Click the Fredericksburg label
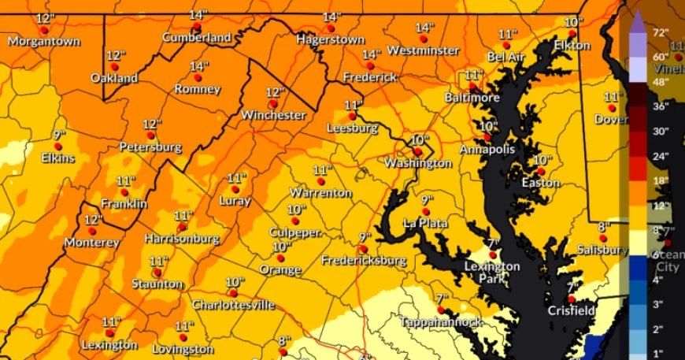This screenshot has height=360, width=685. pyautogui.click(x=364, y=260)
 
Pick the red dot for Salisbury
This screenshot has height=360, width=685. pyautogui.click(x=602, y=238)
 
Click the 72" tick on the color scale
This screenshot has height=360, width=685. pyautogui.click(x=660, y=32)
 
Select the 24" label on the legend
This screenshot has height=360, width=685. pyautogui.click(x=660, y=156)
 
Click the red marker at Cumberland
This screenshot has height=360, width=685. pyautogui.click(x=198, y=27)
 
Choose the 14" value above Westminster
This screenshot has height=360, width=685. pyautogui.click(x=424, y=28)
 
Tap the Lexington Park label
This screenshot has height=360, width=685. pyautogui.click(x=491, y=272)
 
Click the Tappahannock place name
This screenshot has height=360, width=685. pyautogui.click(x=440, y=322)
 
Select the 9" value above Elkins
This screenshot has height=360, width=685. pyautogui.click(x=59, y=135)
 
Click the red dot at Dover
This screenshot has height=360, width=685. pyautogui.click(x=612, y=108)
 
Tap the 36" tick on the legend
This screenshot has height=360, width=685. pyautogui.click(x=660, y=106)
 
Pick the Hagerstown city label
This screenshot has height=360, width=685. pyautogui.click(x=331, y=39)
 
